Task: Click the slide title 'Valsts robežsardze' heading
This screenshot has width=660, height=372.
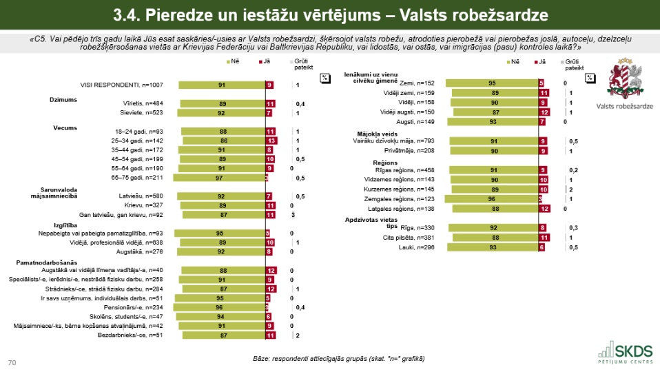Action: pyautogui.click(x=330, y=13)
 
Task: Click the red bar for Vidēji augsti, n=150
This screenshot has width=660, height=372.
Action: pyautogui.click(x=544, y=112)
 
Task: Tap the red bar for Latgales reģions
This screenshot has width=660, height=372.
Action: pyautogui.click(x=544, y=208)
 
